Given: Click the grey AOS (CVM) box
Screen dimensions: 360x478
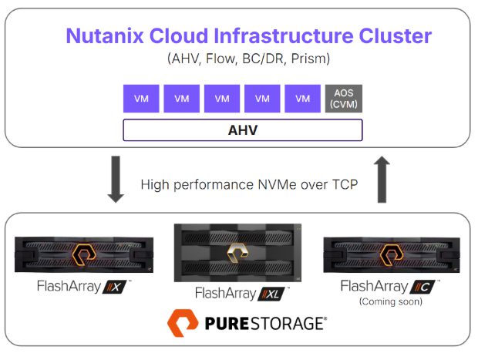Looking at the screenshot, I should tap(343, 99).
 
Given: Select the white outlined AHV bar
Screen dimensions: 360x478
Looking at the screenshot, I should tap(242, 130).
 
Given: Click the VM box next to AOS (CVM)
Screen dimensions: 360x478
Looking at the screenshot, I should tap(302, 99).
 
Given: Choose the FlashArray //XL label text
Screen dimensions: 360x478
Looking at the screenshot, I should tap(240, 293).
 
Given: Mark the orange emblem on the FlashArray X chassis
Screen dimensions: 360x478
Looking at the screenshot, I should tap(83, 254).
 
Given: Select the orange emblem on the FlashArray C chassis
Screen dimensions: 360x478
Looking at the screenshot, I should tap(393, 254).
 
